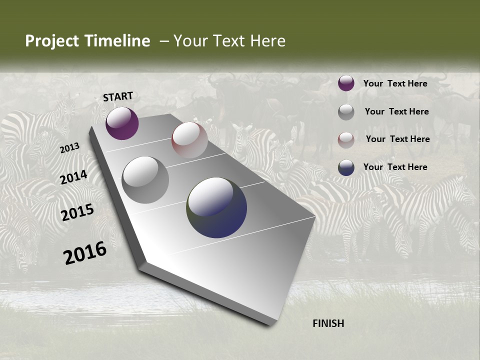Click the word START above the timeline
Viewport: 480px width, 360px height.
click(x=118, y=96)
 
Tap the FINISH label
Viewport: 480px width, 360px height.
click(x=328, y=323)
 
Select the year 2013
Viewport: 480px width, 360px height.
click(x=69, y=147)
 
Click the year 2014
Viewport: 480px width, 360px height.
click(x=73, y=177)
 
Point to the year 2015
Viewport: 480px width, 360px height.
click(x=77, y=212)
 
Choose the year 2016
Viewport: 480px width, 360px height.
click(x=85, y=252)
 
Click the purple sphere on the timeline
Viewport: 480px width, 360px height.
click(x=122, y=123)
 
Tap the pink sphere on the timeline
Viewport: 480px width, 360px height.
click(x=189, y=140)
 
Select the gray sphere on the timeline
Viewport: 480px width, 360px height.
click(x=145, y=179)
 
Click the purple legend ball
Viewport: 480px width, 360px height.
click(x=346, y=83)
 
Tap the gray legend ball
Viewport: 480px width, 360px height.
click(x=346, y=112)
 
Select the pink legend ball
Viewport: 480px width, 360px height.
click(x=346, y=139)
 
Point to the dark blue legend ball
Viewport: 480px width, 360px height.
click(x=346, y=167)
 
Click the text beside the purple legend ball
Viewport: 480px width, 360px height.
click(x=395, y=83)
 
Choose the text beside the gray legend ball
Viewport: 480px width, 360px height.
click(x=397, y=111)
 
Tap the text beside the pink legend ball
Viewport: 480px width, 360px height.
click(x=398, y=139)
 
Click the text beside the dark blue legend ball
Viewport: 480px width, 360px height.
click(x=395, y=167)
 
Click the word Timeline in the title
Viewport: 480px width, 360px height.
click(x=118, y=41)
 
